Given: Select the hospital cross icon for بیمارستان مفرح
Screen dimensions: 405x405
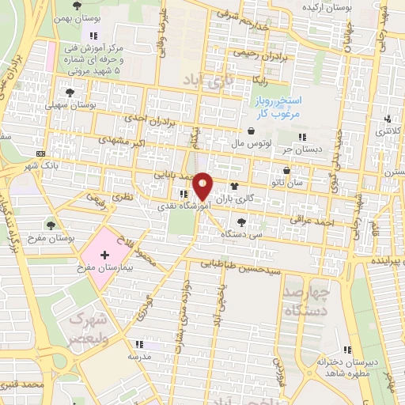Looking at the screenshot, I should pyautogui.click(x=105, y=254).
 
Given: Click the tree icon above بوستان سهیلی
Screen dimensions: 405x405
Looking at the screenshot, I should pyautogui.click(x=77, y=92).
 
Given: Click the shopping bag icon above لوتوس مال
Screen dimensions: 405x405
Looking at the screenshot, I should pyautogui.click(x=251, y=131).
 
